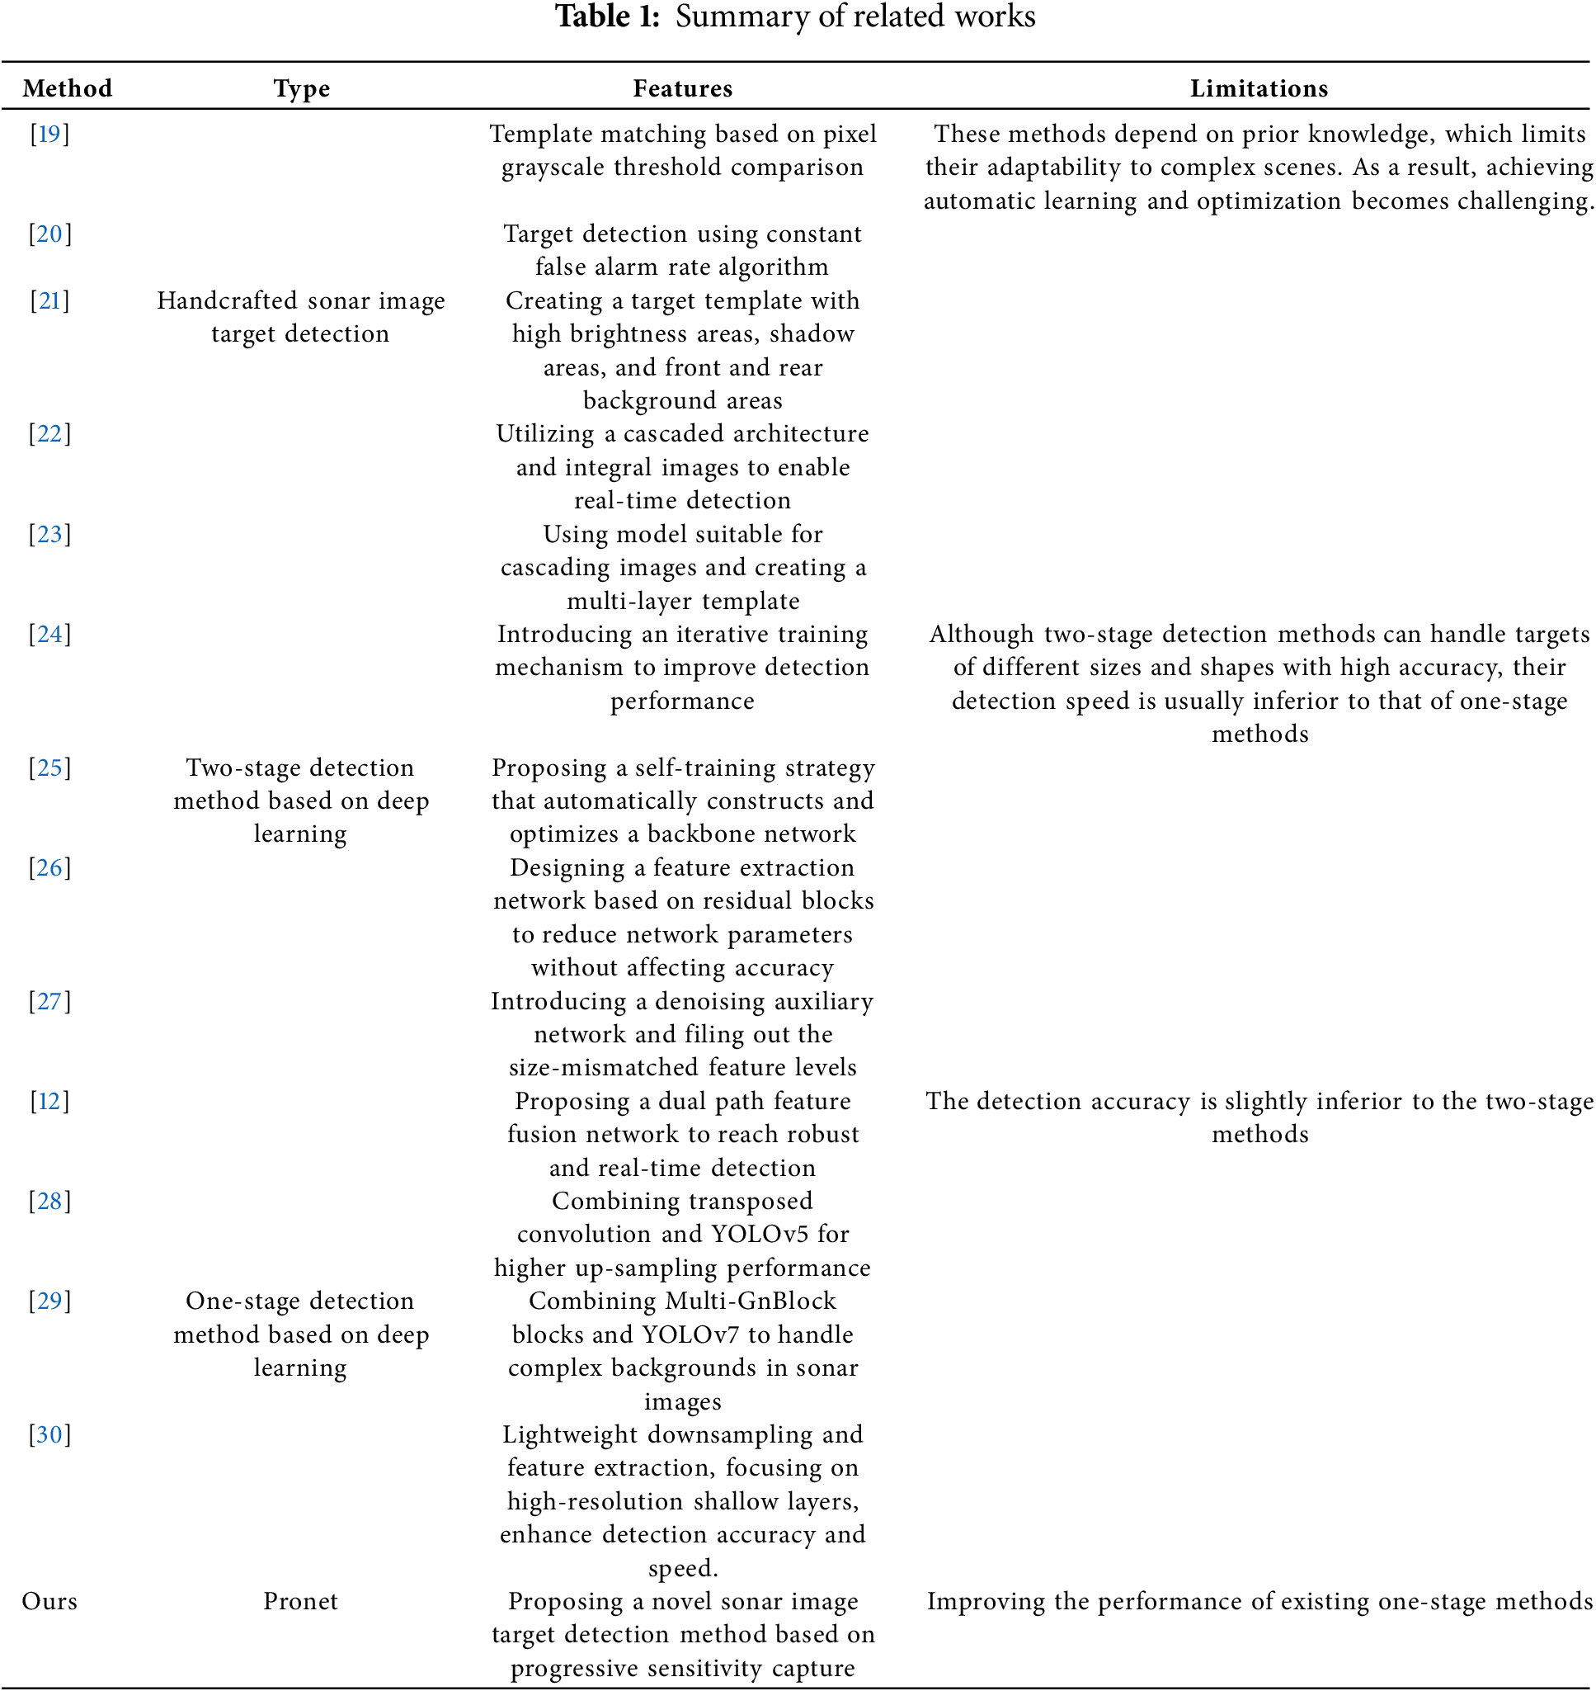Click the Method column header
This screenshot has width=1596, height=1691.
coord(67,88)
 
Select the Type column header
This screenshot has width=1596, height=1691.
coord(301,88)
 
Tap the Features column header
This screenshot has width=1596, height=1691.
coord(682,88)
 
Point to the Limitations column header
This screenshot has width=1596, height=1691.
coord(1259,88)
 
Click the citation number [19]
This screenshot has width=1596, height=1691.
coord(49,134)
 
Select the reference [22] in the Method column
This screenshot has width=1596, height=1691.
coord(49,434)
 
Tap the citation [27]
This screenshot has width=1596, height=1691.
coord(49,1001)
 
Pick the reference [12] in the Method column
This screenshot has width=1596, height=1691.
coord(49,1101)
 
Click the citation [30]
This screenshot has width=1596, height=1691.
coord(49,1435)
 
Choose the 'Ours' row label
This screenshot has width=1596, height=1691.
coord(49,1602)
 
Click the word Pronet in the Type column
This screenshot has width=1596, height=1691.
coord(300,1602)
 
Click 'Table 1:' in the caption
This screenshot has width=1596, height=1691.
coord(607,17)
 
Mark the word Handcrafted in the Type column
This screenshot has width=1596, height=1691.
coord(226,301)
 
